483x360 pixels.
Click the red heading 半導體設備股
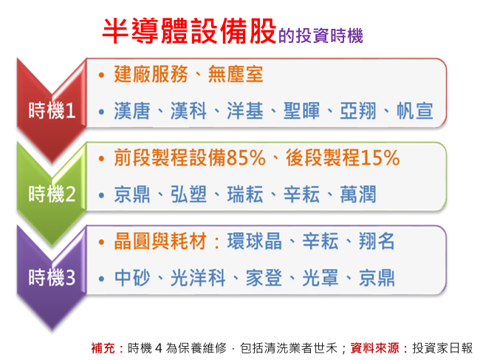coord(189,31)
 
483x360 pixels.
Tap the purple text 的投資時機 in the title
coord(321,35)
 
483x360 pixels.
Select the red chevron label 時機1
coord(52,110)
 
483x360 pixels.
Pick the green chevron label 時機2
coord(52,194)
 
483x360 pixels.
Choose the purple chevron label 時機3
coord(52,277)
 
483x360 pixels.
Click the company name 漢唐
coord(132,111)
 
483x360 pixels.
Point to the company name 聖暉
coord(301,111)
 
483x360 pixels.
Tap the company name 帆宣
coord(414,111)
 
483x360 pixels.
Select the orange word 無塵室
coord(236,74)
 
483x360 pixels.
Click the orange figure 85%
coord(246,157)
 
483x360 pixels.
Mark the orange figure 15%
coord(380,157)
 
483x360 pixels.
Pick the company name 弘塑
coord(188,194)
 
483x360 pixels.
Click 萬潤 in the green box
coord(358,194)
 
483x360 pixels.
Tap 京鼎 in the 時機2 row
coord(132,194)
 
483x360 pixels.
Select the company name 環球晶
coord(255,241)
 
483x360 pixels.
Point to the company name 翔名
coord(377,241)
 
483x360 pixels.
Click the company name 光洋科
coord(198,278)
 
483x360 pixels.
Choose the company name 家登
coord(264,278)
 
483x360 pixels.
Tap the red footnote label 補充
coord(103,348)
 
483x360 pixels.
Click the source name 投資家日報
coord(442,348)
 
